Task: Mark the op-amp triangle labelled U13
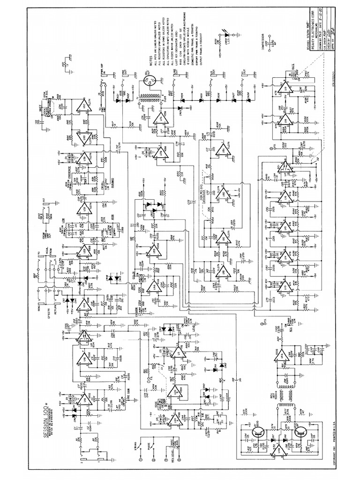click(284, 286)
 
